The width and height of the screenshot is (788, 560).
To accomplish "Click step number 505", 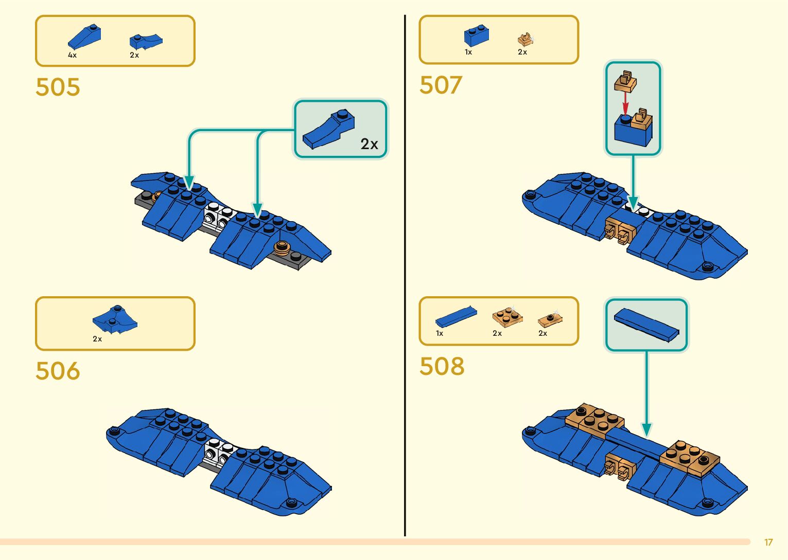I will point(58,87).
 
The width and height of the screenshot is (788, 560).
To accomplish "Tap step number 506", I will point(58,371).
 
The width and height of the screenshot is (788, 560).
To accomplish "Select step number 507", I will point(441,85).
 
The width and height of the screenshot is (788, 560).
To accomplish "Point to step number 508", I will point(442,366).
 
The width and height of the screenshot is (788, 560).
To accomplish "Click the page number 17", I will point(768,543).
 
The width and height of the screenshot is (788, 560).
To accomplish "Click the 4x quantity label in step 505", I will point(72,55).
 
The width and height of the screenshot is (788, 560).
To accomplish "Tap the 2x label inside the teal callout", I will point(369,144).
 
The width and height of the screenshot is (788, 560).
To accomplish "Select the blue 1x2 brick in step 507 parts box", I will point(476,36).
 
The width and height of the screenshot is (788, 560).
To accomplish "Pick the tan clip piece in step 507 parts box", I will point(525,39).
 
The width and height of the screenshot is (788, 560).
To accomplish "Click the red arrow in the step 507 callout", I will point(625,105).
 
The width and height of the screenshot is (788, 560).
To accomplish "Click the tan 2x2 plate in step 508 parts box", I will point(507,316).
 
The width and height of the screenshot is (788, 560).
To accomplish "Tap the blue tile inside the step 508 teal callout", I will point(646,325).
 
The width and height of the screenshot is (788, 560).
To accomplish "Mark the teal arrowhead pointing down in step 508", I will point(646,429).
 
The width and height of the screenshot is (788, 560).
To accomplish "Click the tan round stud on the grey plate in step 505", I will point(282,247).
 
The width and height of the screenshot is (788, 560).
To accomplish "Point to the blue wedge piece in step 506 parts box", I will point(115,319).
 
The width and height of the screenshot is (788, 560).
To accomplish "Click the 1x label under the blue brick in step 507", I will point(468,52).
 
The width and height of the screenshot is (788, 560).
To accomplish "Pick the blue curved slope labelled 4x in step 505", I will point(84,37).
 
